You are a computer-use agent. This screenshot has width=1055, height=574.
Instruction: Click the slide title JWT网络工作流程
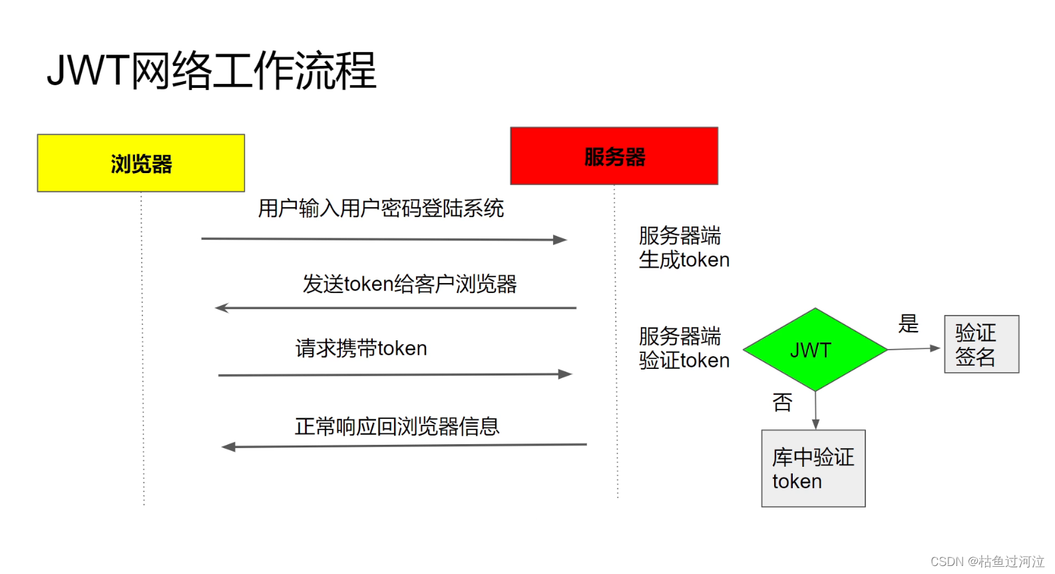[x=212, y=71]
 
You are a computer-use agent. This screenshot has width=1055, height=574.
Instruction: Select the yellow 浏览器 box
[x=141, y=163]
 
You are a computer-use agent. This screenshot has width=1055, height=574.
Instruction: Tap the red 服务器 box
[x=614, y=156]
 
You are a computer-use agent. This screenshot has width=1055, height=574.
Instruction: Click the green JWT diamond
[x=814, y=350]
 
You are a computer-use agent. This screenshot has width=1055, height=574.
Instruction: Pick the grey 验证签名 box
[x=981, y=344]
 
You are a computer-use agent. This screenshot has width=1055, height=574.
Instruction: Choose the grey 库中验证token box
[x=813, y=468]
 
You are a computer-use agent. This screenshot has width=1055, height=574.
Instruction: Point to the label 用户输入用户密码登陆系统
[x=381, y=208]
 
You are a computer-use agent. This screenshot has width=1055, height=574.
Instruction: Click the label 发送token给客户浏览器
[x=409, y=284]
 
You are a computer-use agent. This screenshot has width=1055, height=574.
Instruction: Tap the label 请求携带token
[x=361, y=348]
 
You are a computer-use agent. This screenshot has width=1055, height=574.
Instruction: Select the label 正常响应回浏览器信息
[x=397, y=426]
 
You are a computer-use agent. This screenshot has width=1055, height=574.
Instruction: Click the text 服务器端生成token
[x=684, y=248]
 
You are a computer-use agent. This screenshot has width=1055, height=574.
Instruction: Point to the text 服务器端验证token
[x=684, y=348]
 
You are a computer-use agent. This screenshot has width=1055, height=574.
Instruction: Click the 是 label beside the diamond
[x=908, y=324]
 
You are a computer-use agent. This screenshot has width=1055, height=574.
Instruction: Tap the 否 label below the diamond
[x=782, y=402]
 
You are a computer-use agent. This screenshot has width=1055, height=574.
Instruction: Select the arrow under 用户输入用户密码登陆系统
[x=383, y=239]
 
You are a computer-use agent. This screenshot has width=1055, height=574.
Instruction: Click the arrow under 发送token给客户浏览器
[x=395, y=308]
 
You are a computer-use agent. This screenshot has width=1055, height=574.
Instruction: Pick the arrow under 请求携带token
[x=395, y=375]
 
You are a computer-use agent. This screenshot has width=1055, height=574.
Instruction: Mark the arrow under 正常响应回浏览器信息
[x=403, y=445]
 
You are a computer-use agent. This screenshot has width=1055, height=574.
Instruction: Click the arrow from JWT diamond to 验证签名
[x=913, y=348]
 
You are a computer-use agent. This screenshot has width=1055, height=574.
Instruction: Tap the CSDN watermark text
[x=986, y=561]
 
